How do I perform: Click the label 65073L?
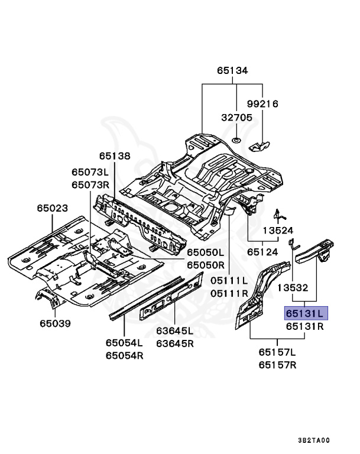90,172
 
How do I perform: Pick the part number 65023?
52,209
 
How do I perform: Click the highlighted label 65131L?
304,313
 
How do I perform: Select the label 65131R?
304,326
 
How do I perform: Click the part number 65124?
262,252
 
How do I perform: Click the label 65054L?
125,342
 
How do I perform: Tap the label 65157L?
277,352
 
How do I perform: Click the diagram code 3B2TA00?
314,440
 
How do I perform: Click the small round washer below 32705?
236,141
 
